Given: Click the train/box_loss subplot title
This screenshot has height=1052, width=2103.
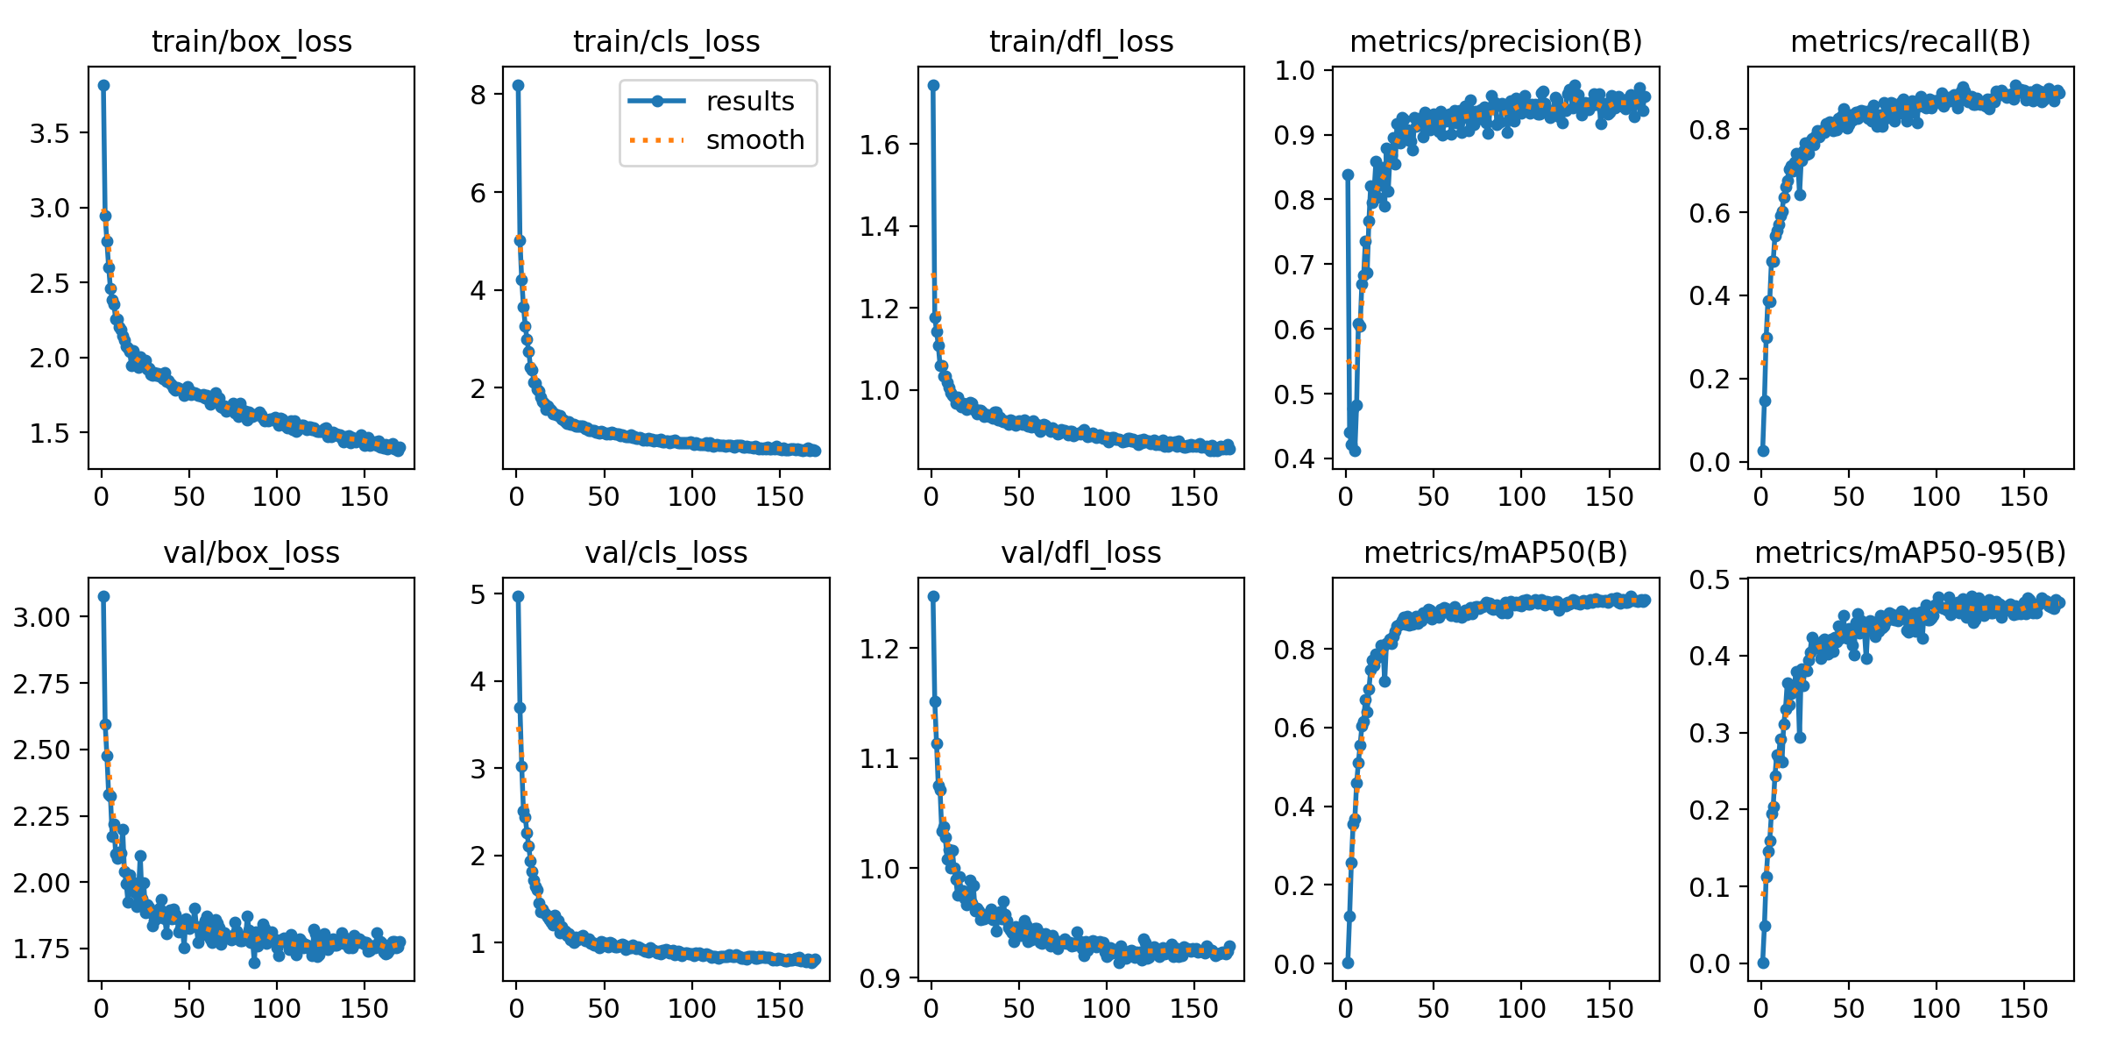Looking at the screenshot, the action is [x=251, y=42].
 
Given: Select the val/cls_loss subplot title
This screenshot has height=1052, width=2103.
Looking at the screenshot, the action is [x=666, y=553].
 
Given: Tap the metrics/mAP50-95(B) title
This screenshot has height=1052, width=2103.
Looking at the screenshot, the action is [x=1910, y=553].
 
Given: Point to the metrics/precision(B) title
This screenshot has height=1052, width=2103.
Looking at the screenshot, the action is [x=1496, y=42].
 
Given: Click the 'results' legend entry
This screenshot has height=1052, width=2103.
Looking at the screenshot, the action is [x=750, y=102].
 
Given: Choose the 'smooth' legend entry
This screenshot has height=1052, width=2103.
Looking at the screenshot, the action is [x=755, y=140].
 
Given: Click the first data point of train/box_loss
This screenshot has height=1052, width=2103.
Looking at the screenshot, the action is [x=103, y=85].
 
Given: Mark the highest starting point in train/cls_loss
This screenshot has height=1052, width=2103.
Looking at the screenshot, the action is [x=518, y=85].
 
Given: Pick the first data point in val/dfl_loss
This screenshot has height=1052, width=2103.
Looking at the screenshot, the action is [x=933, y=596].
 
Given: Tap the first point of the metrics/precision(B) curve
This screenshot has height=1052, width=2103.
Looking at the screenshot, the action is [x=1348, y=175].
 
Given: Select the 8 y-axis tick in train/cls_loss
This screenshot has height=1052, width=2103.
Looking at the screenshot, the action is [x=478, y=95].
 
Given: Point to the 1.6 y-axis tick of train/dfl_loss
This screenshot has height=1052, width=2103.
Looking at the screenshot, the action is [x=879, y=145].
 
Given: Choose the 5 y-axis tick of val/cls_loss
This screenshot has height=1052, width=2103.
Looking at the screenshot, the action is [x=478, y=594].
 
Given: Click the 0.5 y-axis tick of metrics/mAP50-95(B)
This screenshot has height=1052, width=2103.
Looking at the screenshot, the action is [x=1709, y=579].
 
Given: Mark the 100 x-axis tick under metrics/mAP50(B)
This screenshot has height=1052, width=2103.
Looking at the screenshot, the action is [x=1521, y=1008].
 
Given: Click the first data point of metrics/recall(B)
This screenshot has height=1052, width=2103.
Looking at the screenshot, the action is [x=1763, y=451].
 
